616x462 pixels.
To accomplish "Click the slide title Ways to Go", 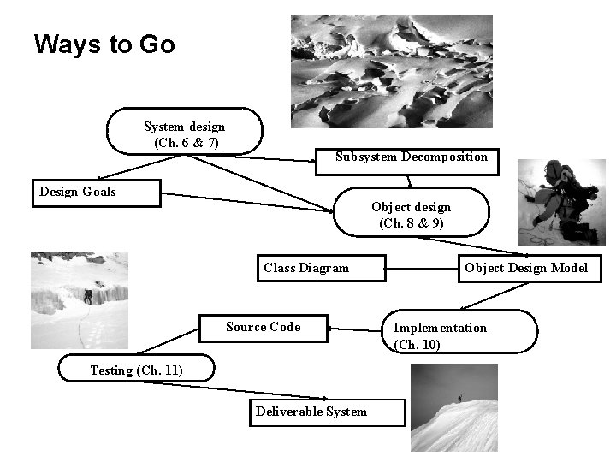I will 104,44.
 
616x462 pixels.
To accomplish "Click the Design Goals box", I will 96,192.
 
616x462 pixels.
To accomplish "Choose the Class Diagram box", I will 321,268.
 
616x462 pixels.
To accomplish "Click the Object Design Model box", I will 526,268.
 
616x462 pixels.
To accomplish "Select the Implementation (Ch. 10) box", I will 462,335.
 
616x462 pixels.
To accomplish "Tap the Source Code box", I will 264,328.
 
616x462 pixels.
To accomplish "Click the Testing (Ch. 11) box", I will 135,370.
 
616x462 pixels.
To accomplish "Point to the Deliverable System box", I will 317,412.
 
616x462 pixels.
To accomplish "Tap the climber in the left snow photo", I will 87,296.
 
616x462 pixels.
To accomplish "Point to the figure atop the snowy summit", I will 459,398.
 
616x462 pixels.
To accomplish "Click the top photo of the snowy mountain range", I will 391,71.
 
